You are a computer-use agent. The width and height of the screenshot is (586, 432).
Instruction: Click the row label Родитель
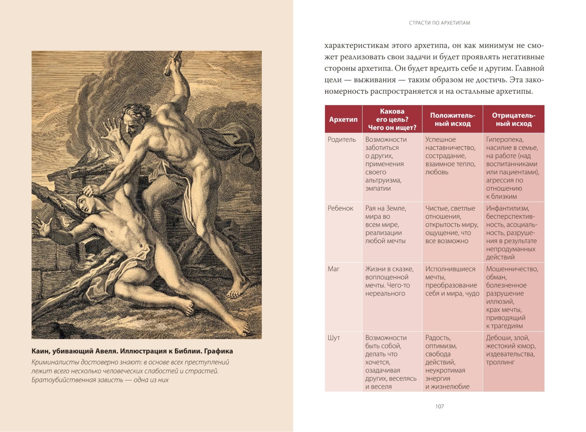(342, 140)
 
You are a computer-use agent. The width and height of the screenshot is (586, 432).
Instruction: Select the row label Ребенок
(340, 209)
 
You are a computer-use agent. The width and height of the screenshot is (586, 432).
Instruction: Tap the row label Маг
(333, 269)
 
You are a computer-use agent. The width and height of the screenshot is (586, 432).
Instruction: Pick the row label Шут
(334, 338)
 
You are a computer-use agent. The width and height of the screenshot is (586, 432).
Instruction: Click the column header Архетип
(343, 119)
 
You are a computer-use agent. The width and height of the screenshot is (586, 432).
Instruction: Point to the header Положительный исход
(452, 119)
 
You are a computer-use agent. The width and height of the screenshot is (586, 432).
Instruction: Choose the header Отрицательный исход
(513, 119)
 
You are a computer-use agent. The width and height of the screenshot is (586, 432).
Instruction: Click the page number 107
(439, 406)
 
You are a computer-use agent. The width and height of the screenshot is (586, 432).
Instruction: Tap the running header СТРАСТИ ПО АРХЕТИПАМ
(439, 23)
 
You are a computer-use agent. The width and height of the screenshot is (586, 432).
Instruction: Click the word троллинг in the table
(500, 362)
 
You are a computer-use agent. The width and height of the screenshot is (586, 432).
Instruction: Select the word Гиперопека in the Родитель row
(505, 140)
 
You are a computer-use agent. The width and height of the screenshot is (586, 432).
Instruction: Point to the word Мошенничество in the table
(512, 269)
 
